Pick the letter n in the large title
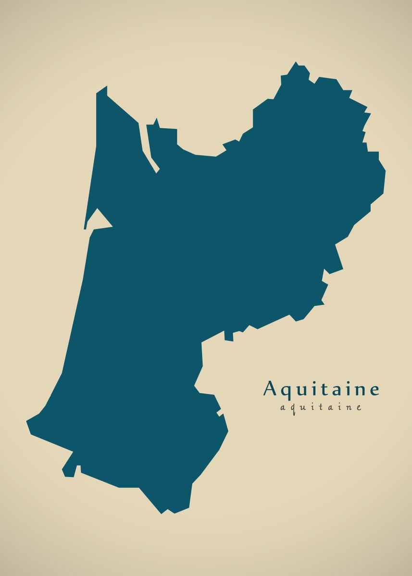click(357, 390)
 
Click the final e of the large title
click(373, 390)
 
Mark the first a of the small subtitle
click(282, 408)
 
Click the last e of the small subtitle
click(358, 408)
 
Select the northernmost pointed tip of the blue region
click(296, 63)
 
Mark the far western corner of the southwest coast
click(28, 422)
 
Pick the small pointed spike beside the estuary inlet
click(156, 121)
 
